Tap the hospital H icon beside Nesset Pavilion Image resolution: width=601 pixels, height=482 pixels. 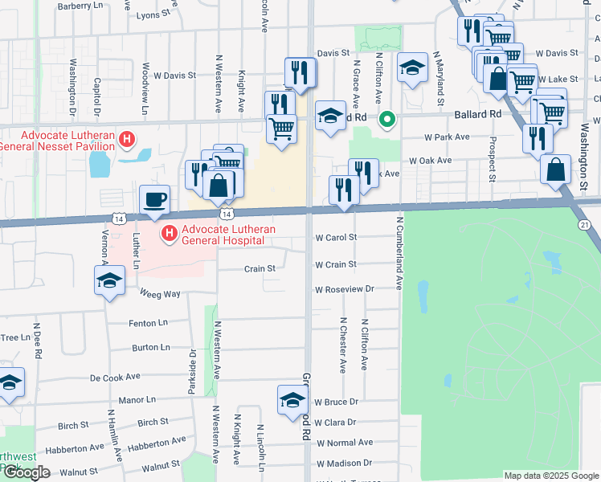pyautogui.click(x=126, y=140)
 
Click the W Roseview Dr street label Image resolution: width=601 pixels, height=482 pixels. pyautogui.click(x=345, y=289)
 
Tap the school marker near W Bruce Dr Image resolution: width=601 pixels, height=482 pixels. pyautogui.click(x=292, y=400)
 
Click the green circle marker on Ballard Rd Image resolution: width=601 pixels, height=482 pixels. pyautogui.click(x=386, y=121)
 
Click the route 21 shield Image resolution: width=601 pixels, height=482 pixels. pyautogui.click(x=584, y=224)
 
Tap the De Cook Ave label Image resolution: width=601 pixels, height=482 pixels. pyautogui.click(x=115, y=376)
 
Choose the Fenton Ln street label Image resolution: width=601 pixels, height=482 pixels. pyautogui.click(x=149, y=324)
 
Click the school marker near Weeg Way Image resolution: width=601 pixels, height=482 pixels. pyautogui.click(x=109, y=281)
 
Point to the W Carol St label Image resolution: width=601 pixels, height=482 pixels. pyautogui.click(x=336, y=238)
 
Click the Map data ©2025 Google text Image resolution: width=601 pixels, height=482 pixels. pyautogui.click(x=551, y=476)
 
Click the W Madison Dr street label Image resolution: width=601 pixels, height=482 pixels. pyautogui.click(x=345, y=464)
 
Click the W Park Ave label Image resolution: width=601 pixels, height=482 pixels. pyautogui.click(x=448, y=137)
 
